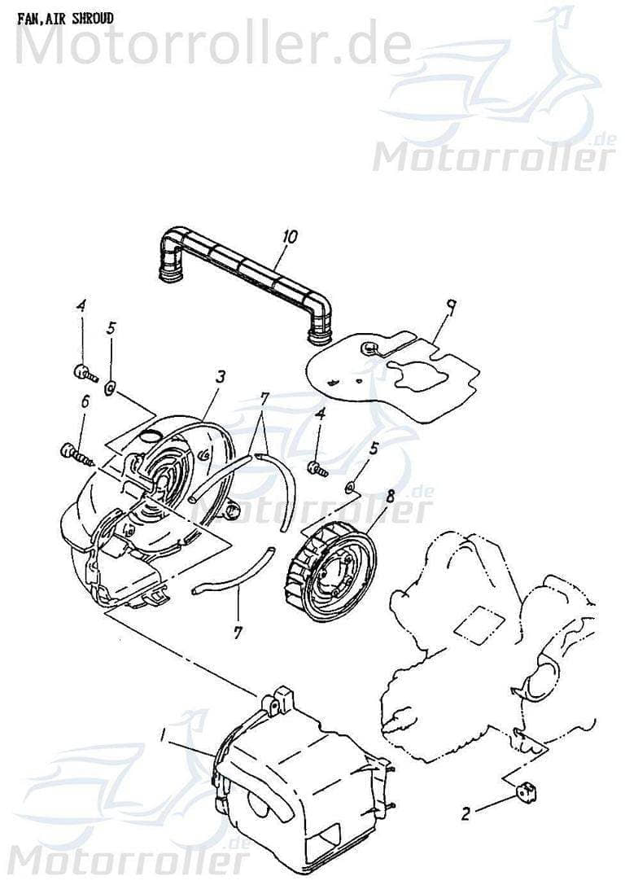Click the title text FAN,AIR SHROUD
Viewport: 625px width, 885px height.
(x=65, y=17)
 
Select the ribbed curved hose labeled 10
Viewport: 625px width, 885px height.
(x=244, y=265)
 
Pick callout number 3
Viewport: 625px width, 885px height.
(x=220, y=376)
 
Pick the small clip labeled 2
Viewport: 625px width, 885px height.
(x=528, y=787)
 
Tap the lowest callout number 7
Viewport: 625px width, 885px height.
(x=238, y=632)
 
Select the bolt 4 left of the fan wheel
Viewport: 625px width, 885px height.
(x=317, y=468)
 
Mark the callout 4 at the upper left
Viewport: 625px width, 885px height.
(x=81, y=305)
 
